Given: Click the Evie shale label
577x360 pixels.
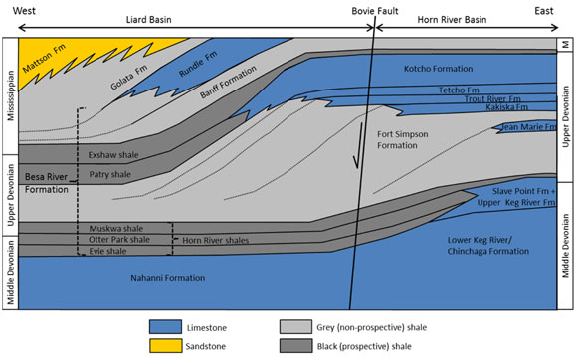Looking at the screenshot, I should click(x=105, y=251).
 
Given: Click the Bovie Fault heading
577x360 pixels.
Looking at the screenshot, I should click(x=376, y=10).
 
